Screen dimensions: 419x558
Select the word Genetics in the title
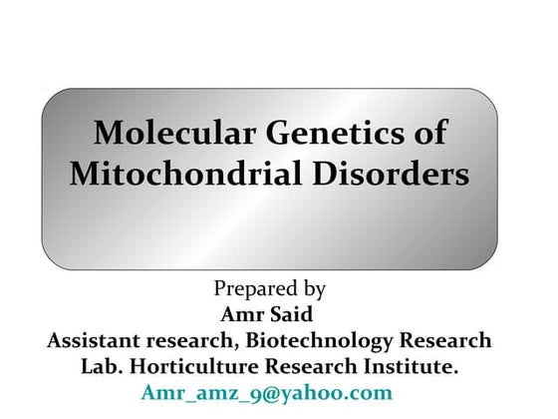pyautogui.click(x=323, y=134)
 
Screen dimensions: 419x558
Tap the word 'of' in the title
pyautogui.click(x=429, y=134)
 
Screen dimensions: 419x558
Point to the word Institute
pyautogui.click(x=411, y=367)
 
